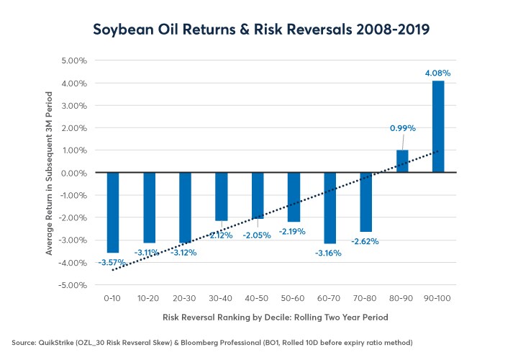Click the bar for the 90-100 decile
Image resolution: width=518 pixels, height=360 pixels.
point(438,127)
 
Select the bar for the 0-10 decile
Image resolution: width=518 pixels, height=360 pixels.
point(113,212)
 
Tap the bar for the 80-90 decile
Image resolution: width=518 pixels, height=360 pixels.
point(402,161)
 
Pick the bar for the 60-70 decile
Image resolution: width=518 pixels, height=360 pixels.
point(330,208)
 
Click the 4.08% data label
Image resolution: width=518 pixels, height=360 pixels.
point(438,73)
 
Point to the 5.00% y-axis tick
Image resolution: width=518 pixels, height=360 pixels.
point(71,60)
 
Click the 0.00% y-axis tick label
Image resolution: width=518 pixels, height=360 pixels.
point(71,173)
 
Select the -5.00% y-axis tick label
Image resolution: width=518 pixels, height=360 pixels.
point(69,285)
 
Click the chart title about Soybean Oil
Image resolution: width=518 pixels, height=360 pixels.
point(259,30)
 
